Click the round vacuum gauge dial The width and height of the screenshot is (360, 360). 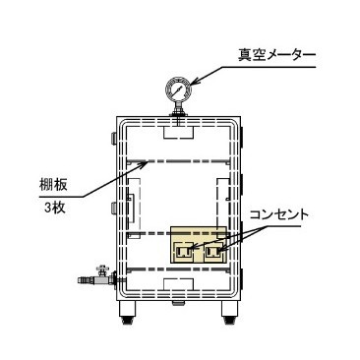(x=178, y=89)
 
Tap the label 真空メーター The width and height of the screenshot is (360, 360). (x=276, y=55)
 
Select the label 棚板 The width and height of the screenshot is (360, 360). (x=53, y=185)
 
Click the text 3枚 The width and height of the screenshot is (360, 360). (x=55, y=209)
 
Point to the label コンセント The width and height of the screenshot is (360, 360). (x=279, y=215)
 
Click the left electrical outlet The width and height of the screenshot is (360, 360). (x=184, y=251)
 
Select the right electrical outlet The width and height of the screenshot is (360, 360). (x=214, y=252)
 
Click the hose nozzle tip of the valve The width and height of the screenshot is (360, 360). (x=82, y=280)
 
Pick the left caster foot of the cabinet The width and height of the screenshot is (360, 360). (x=127, y=312)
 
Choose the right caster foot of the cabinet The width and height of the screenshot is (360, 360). (x=229, y=312)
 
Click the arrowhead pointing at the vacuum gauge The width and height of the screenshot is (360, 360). (x=196, y=82)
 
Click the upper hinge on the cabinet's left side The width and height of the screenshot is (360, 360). (x=114, y=138)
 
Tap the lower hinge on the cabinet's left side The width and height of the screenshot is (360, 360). (x=114, y=208)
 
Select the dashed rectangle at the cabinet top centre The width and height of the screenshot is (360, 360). (x=178, y=132)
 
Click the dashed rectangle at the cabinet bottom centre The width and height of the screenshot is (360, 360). (x=178, y=284)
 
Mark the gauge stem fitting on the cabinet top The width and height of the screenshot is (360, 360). (x=178, y=112)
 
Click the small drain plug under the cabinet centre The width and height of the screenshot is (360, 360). (x=178, y=302)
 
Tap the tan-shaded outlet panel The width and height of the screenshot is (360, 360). (x=199, y=244)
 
